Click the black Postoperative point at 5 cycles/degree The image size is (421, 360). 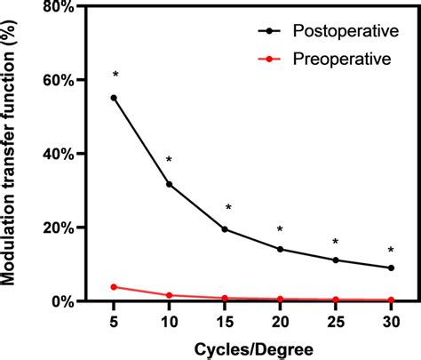click(x=114, y=98)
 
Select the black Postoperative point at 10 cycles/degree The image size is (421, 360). click(x=169, y=184)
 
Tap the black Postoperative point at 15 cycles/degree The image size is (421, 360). click(x=225, y=229)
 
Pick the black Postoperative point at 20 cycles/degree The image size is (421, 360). click(x=280, y=249)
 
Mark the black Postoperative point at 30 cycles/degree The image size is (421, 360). click(x=391, y=268)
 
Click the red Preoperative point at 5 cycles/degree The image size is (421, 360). click(x=114, y=287)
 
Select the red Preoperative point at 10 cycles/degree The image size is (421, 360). click(x=169, y=295)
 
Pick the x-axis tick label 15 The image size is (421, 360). click(x=225, y=319)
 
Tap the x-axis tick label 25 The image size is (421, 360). click(x=336, y=319)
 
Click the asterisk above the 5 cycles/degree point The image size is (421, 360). click(x=114, y=75)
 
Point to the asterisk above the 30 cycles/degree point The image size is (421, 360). click(x=391, y=250)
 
